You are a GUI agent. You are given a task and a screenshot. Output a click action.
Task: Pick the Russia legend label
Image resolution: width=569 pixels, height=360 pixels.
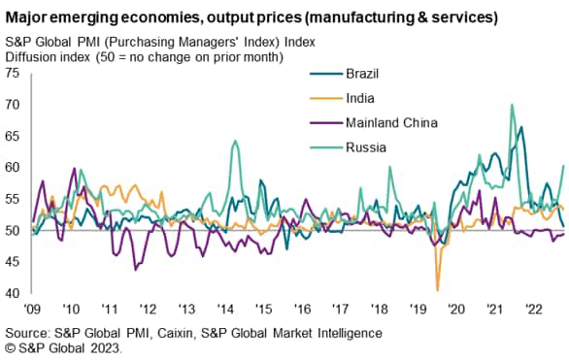click(365, 148)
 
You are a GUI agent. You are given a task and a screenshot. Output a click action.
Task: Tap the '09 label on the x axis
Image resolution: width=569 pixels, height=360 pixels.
click(32, 309)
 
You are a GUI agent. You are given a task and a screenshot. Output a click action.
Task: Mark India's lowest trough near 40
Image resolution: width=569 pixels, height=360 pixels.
click(437, 289)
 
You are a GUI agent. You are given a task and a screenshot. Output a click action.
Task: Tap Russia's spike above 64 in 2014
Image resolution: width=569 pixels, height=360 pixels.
click(235, 142)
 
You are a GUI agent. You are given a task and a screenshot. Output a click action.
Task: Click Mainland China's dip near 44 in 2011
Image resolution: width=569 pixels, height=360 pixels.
click(135, 269)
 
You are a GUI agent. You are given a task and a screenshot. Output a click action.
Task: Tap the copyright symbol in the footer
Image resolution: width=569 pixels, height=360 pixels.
click(11, 347)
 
